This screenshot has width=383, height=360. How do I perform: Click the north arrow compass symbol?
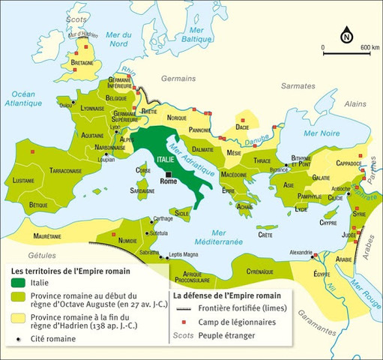(x=346, y=36)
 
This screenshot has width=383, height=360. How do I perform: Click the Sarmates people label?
(x=288, y=86)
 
